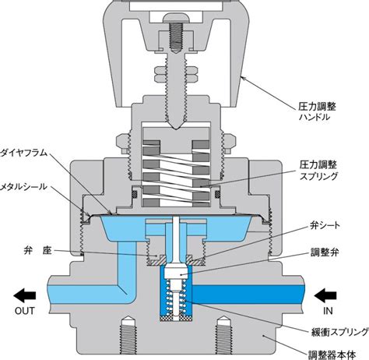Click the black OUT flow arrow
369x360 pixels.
tap(25, 295)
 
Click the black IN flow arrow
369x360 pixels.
tap(325, 295)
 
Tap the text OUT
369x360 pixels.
tap(25, 311)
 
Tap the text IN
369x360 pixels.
tap(328, 311)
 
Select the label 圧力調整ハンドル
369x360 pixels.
tap(317, 111)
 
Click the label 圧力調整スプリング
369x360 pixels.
tap(318, 171)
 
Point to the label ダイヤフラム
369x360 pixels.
tap(24, 153)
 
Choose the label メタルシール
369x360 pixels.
tap(23, 186)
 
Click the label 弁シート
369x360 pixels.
tap(325, 225)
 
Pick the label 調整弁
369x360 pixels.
tap(325, 252)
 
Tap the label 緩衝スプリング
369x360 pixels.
tap(340, 332)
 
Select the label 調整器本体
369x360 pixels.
tap(332, 355)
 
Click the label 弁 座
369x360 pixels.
tap(38, 251)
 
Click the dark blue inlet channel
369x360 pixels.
tap(248, 295)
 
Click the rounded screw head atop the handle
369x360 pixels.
tap(176, 18)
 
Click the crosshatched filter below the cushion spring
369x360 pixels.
tap(176, 318)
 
